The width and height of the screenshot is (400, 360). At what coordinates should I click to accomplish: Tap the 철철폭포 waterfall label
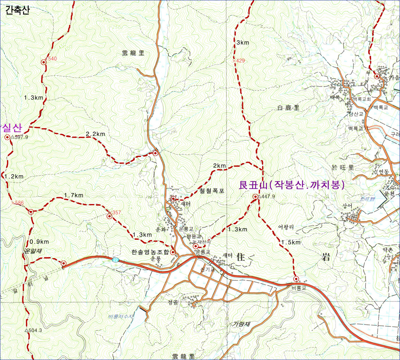pyautogui.click(x=212, y=191)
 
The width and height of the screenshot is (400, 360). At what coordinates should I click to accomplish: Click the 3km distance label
pyautogui.click(x=243, y=43)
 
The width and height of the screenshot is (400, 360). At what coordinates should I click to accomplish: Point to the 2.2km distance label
pyautogui.click(x=95, y=134)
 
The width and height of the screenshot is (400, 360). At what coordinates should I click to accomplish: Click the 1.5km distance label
pyautogui.click(x=291, y=242)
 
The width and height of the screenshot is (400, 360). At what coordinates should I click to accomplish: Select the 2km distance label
pyautogui.click(x=219, y=166)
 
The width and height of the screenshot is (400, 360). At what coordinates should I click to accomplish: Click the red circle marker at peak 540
pyautogui.click(x=44, y=62)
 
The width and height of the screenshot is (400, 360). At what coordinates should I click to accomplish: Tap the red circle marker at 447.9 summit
pyautogui.click(x=255, y=197)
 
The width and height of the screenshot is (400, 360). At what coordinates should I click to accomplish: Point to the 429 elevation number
pyautogui.click(x=240, y=60)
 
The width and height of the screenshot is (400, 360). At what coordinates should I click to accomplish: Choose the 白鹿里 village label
pyautogui.click(x=288, y=108)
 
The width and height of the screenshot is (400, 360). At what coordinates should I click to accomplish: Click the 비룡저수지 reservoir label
pyautogui.click(x=120, y=316)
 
